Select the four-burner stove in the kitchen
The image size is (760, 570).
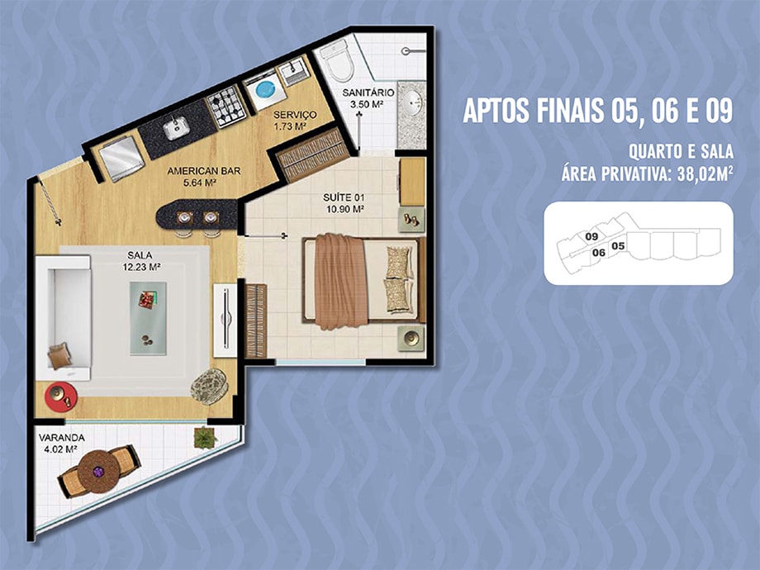[226, 107]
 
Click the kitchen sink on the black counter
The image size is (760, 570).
[177, 127]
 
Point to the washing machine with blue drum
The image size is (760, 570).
[265, 90]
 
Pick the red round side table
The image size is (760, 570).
[61, 397]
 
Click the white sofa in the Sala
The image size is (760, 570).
[63, 318]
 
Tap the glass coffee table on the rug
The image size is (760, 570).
[148, 318]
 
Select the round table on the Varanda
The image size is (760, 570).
[99, 471]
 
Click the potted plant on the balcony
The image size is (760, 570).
[206, 438]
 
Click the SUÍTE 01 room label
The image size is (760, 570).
[344, 197]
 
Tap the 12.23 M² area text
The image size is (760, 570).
[141, 266]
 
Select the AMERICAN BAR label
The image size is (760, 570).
[203, 171]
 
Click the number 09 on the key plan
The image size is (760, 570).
[591, 236]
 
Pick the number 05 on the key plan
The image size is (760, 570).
[618, 245]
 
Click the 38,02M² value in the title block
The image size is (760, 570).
[705, 173]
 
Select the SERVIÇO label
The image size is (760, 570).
[295, 115]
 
